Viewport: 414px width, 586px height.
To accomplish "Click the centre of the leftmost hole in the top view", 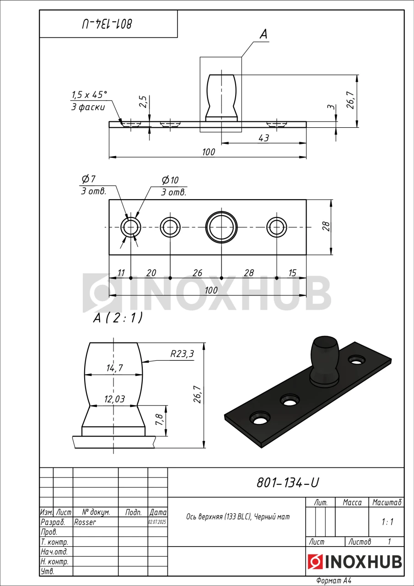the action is tap(131, 227).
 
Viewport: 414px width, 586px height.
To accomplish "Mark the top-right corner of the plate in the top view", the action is tap(306, 200).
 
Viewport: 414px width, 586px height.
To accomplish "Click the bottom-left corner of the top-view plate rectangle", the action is tap(109, 254).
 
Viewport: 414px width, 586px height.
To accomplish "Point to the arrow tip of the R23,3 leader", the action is tap(143, 362).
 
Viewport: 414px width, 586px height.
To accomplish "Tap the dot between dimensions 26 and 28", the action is tap(221, 278).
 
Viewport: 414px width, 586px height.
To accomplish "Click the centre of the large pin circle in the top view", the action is tap(221, 227).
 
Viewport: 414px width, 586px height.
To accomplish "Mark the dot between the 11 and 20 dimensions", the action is tap(131, 278).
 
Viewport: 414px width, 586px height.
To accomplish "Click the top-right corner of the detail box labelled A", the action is tap(242, 57).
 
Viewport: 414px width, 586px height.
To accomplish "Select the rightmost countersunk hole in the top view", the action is tap(276, 227).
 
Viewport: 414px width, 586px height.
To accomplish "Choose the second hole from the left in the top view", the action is tap(170, 227).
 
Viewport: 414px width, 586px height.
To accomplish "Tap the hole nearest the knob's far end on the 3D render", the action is tap(356, 360).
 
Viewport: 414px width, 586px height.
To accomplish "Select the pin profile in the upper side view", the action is tap(221, 98).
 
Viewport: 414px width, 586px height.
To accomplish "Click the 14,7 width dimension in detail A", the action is tap(114, 368).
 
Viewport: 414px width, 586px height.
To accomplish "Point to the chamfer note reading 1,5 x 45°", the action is tap(89, 94).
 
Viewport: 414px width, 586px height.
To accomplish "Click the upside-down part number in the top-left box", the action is tap(107, 24).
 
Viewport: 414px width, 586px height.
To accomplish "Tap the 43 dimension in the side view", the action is tap(263, 138).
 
